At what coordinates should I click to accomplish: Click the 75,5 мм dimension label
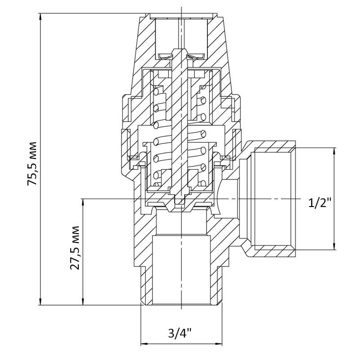[x=32, y=164]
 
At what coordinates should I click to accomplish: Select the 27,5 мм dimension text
[x=75, y=248]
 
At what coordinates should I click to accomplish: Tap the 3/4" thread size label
[x=180, y=333]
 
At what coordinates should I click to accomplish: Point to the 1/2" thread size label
[x=320, y=202]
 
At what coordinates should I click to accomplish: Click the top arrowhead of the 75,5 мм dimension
[x=40, y=17]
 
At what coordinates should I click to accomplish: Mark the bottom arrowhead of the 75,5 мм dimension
[x=40, y=301]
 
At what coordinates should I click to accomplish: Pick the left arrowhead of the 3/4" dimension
[x=144, y=344]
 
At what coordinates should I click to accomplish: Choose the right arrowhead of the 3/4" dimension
[x=219, y=344]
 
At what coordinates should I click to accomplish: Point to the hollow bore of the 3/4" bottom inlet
[x=181, y=270]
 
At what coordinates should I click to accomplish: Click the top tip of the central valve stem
[x=180, y=49]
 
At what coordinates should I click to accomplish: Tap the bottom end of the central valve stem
[x=180, y=203]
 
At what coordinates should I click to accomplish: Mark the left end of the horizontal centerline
[x=81, y=198]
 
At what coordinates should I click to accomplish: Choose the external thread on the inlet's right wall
[x=219, y=285]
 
